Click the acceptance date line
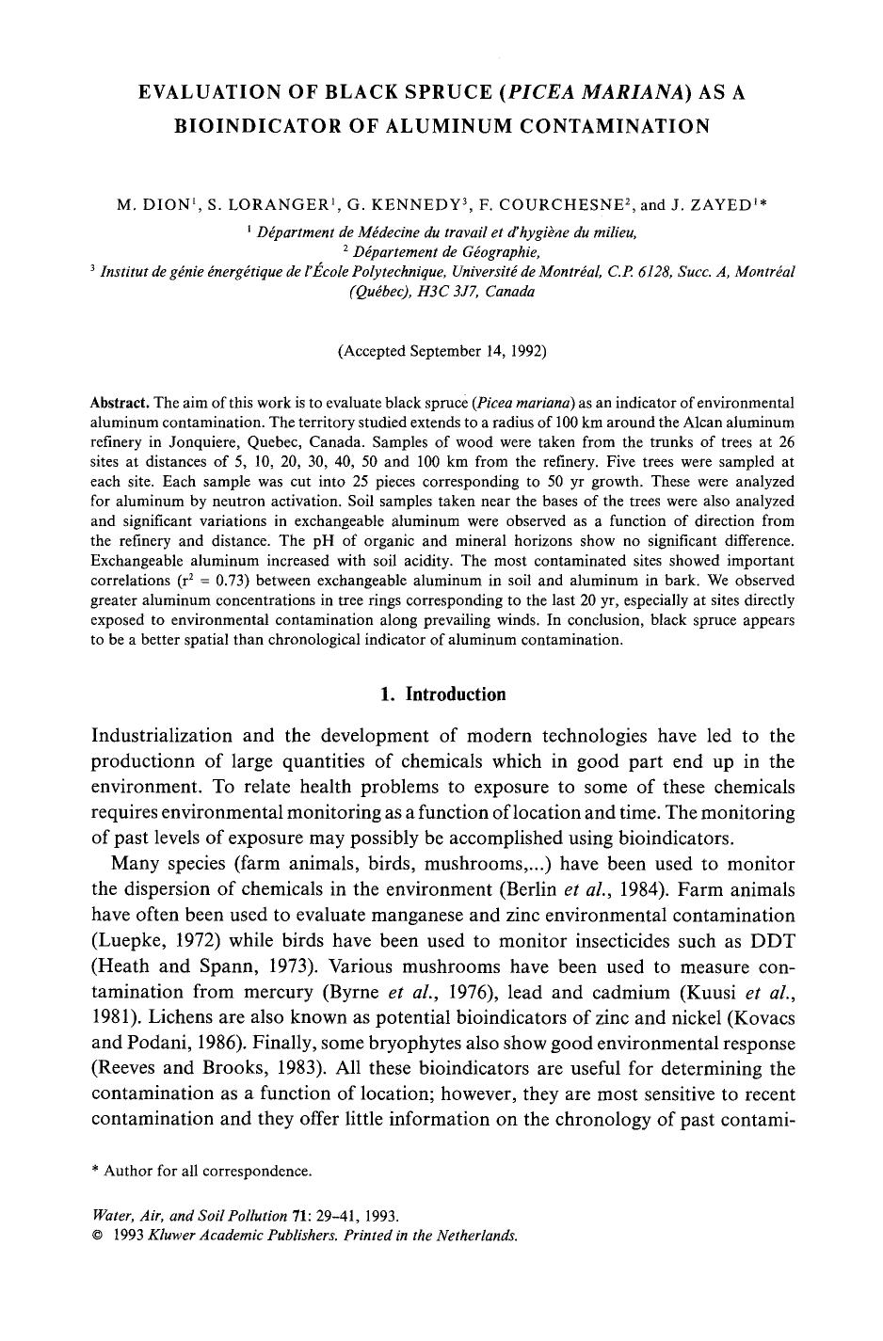(x=441, y=351)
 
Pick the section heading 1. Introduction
(x=441, y=694)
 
